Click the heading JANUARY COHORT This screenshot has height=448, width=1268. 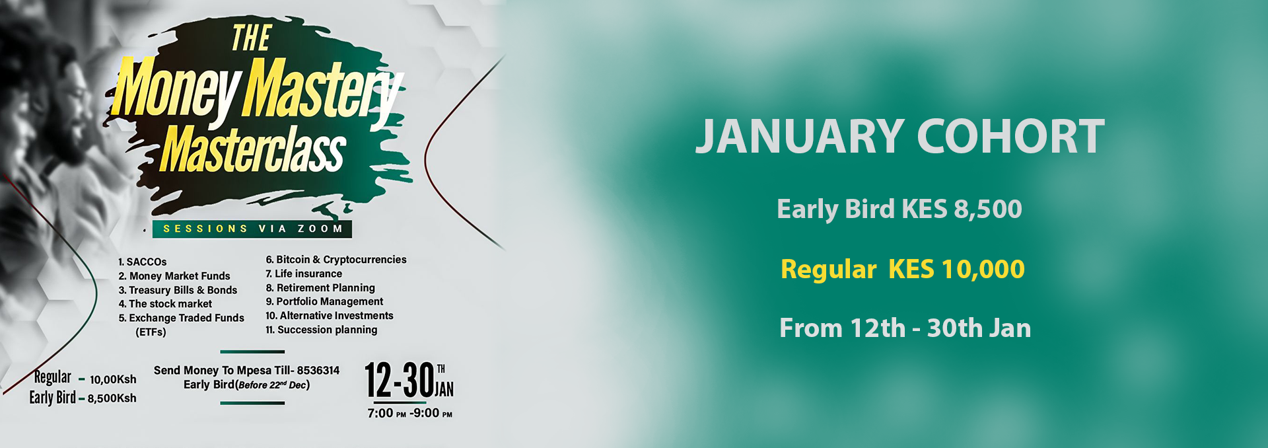click(899, 136)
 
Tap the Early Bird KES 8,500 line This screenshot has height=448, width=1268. click(899, 209)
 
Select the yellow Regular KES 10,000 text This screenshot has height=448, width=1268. click(903, 269)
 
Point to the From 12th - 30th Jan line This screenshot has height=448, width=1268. click(905, 328)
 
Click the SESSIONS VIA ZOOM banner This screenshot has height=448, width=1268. click(252, 229)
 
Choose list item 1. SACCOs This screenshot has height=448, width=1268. click(143, 262)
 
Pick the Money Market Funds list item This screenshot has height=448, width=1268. click(174, 276)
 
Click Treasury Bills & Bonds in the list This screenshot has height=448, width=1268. click(178, 290)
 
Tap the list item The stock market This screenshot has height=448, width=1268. click(165, 304)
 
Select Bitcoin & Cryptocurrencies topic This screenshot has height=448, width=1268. click(336, 260)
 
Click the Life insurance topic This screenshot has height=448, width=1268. click(304, 274)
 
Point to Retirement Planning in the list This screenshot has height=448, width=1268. click(320, 288)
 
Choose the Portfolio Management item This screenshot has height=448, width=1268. click(324, 301)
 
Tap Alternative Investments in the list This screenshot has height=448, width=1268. click(330, 316)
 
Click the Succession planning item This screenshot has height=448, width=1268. click(322, 330)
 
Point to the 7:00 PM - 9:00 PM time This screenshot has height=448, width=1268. click(410, 414)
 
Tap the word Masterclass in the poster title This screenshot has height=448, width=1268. click(253, 151)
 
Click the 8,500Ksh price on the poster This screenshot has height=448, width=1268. click(112, 398)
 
